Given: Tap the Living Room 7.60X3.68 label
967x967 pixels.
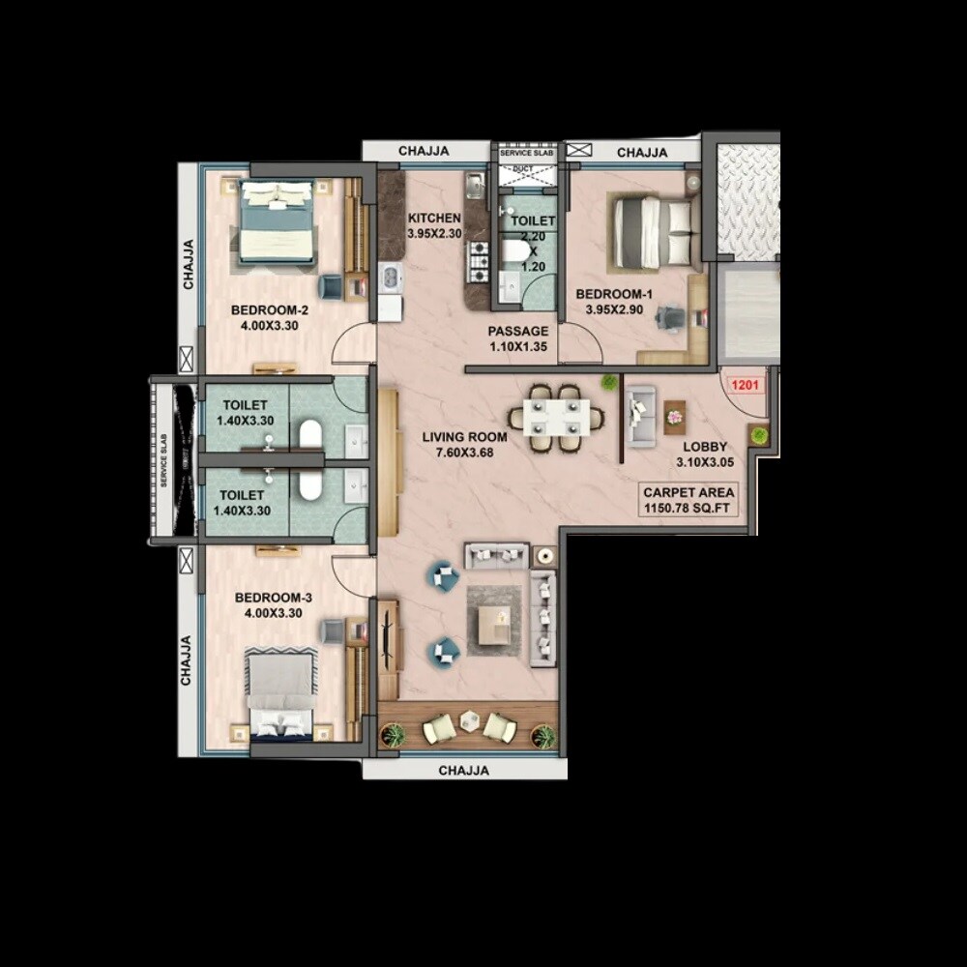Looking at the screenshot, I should coord(464,445).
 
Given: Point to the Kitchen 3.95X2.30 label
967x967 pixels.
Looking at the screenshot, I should coord(434,226).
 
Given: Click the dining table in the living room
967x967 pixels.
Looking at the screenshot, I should coord(556,419).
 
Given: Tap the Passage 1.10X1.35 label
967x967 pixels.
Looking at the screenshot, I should coord(517,338).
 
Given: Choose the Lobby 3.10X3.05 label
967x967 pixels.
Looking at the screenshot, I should coord(706,454).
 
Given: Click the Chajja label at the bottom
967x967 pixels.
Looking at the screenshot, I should coord(464,771).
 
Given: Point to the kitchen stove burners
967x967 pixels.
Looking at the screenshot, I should coord(479,260).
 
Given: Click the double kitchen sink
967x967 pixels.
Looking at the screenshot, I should coord(390,278).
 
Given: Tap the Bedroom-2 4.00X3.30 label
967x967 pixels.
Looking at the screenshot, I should coord(270,318).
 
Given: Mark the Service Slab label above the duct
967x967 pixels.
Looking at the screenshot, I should coord(527,152).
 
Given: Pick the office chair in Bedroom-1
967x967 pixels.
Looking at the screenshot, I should coord(672,315).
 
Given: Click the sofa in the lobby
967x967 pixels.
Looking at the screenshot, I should coord(640,416).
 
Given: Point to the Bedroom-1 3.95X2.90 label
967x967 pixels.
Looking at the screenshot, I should coord(615,303).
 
